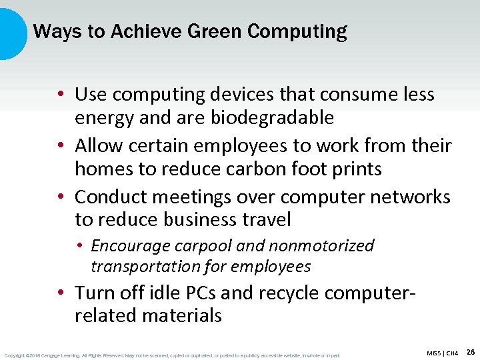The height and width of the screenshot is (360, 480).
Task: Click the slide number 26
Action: [471, 351]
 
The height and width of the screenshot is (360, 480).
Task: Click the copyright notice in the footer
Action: [172, 355]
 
